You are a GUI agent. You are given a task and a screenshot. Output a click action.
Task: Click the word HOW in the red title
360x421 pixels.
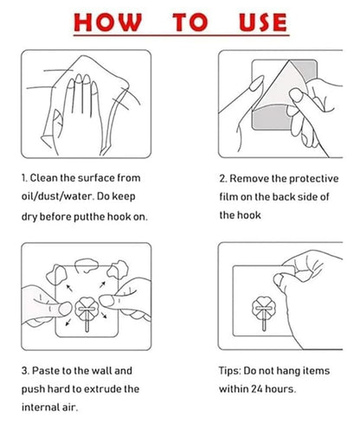[108, 22]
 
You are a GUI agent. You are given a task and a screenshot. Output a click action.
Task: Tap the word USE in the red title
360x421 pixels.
[263, 22]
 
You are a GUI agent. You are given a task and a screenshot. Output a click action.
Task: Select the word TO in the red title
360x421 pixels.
[190, 22]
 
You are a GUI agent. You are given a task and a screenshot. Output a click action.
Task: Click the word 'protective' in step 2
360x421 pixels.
[313, 179]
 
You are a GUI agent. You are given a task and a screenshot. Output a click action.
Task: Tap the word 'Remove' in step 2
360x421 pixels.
[249, 179]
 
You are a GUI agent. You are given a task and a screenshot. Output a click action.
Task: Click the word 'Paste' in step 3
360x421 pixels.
[45, 371]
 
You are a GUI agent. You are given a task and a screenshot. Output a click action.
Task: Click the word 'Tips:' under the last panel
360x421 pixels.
[230, 371]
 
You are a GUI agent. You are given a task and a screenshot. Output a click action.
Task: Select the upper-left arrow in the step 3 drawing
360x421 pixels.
[69, 288]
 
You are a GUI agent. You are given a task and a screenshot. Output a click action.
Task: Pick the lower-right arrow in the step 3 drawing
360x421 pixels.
[104, 315]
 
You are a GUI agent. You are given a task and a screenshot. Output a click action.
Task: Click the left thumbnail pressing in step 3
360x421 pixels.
[65, 309]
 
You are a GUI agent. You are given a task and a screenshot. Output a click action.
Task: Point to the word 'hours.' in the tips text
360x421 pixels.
[280, 389]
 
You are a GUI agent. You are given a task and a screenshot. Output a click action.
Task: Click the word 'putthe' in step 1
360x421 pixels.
[89, 217]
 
